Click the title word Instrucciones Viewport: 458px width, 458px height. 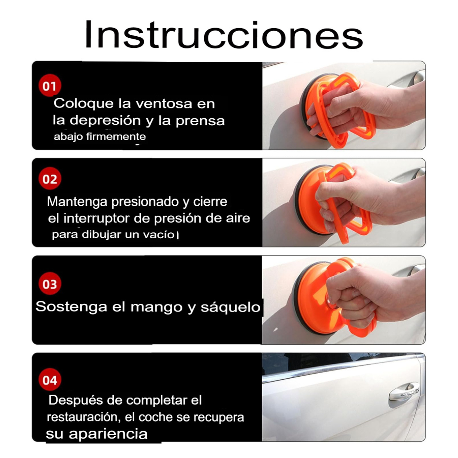coord(223,35)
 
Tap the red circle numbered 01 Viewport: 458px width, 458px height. coord(50,86)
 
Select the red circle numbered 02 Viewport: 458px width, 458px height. coord(50,179)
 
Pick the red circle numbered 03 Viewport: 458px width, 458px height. coord(50,284)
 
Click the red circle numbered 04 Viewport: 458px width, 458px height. coord(50,380)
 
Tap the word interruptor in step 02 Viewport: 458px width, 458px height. coord(95,218)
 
